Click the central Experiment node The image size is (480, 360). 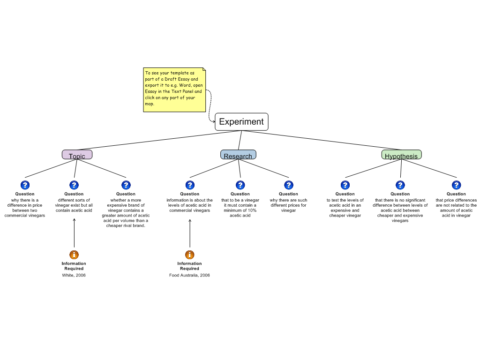click(x=241, y=122)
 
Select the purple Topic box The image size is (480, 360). click(x=77, y=155)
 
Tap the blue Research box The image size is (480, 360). click(x=238, y=155)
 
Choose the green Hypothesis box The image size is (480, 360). click(x=401, y=155)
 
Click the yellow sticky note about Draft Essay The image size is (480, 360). click(x=174, y=90)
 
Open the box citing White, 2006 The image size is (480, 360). click(x=74, y=270)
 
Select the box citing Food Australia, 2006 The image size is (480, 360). click(x=190, y=270)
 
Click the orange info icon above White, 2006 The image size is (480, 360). click(x=74, y=255)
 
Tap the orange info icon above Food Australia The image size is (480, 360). click(x=190, y=255)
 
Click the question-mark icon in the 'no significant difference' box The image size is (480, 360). click(x=400, y=185)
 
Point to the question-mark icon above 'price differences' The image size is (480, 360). click(x=457, y=185)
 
